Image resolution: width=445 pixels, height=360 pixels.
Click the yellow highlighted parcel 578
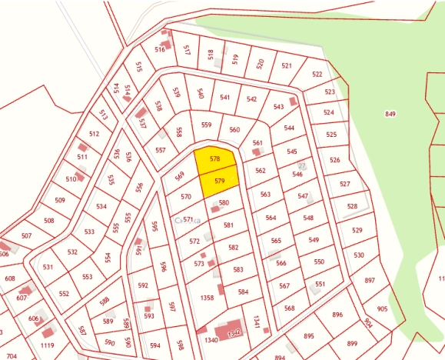(x=214, y=160)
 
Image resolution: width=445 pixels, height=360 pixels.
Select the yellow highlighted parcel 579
(x=219, y=182)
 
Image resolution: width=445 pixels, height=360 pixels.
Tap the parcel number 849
(x=390, y=114)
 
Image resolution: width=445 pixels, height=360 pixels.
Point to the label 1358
(x=206, y=297)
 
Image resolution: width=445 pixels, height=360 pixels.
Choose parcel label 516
(x=160, y=49)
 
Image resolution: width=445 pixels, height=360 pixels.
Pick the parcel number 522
(x=317, y=75)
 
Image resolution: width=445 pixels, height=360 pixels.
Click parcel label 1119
(x=48, y=345)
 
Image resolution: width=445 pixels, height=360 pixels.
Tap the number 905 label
(x=382, y=308)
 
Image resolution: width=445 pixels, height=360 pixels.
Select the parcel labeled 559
(x=206, y=125)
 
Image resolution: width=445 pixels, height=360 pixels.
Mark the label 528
(x=352, y=206)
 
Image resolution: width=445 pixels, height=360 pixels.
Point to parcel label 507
(x=27, y=235)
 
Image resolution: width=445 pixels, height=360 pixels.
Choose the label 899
(x=352, y=343)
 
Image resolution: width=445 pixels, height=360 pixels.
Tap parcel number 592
(x=143, y=285)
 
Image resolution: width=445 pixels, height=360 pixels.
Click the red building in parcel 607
(x=25, y=292)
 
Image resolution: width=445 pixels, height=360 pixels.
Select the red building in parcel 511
(x=83, y=147)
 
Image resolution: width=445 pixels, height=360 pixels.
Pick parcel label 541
(x=225, y=98)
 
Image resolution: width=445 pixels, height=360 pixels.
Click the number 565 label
(x=276, y=241)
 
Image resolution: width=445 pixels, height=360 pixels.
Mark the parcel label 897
(x=369, y=281)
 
